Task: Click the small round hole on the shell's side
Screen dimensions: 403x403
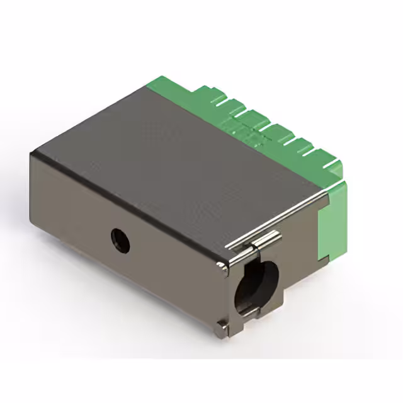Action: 120,240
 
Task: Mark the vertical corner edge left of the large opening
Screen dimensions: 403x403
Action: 224,296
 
